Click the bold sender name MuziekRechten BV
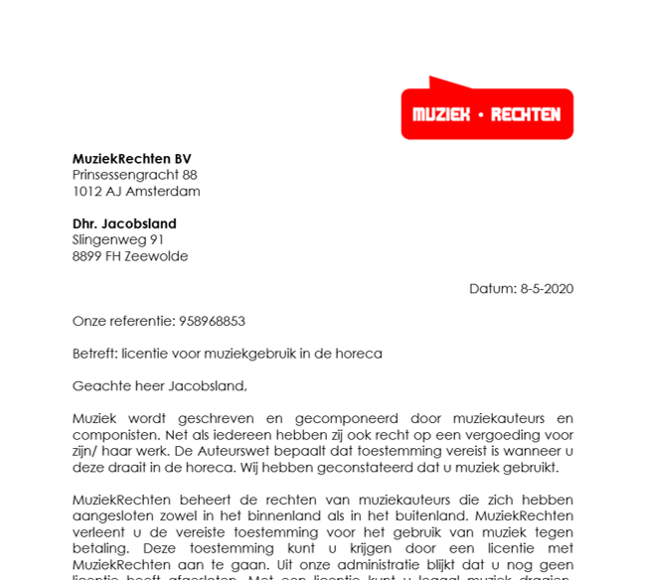click(x=131, y=159)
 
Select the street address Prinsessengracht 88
click(x=134, y=175)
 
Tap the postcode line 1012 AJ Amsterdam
click(x=136, y=191)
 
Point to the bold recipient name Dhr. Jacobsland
click(x=124, y=223)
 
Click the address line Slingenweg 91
click(x=118, y=239)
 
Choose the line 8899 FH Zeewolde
click(x=130, y=255)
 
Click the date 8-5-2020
click(x=547, y=289)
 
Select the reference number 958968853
click(x=212, y=321)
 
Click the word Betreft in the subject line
click(x=93, y=354)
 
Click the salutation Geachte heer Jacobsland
click(x=159, y=385)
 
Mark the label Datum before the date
click(x=492, y=289)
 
